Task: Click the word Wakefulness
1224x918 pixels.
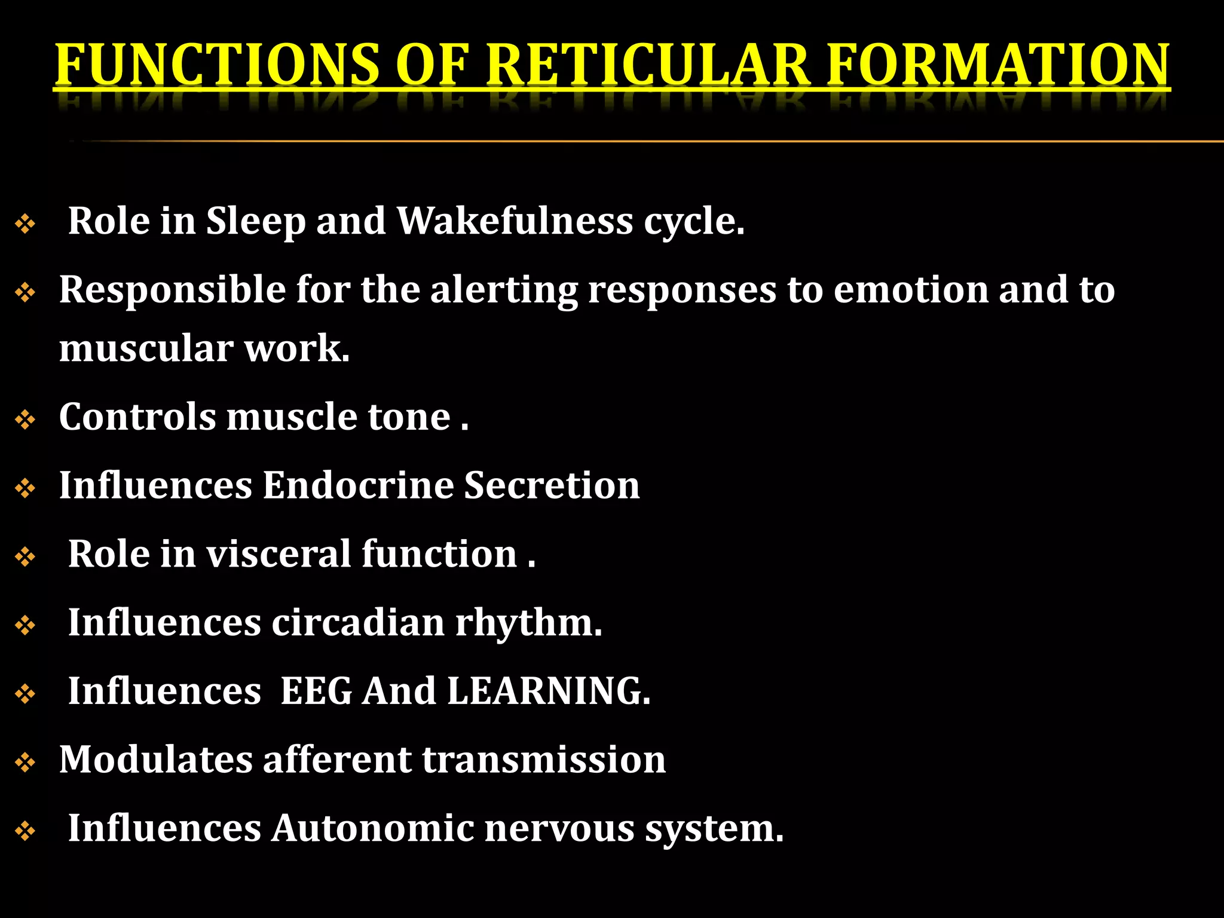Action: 515,221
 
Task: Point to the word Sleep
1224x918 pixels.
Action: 255,222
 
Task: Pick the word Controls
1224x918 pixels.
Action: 137,417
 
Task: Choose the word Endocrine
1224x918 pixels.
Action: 357,485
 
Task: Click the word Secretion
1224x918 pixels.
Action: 552,485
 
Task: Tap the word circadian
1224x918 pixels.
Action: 358,622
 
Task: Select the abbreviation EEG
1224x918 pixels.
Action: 316,691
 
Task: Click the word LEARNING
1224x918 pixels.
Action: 548,691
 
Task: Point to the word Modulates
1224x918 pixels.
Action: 155,760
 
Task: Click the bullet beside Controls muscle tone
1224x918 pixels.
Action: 25,420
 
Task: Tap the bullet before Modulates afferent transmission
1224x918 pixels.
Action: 25,763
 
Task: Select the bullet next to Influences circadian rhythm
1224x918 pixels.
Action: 25,626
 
